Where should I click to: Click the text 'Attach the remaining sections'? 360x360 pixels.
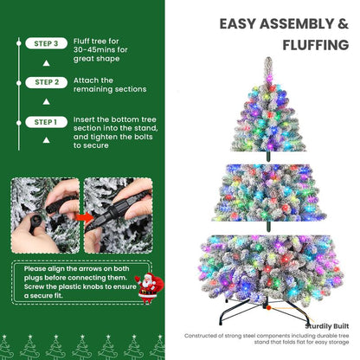[x=107, y=83]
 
